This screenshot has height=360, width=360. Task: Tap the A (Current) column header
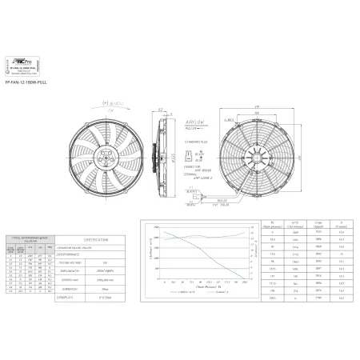tap(342, 225)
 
